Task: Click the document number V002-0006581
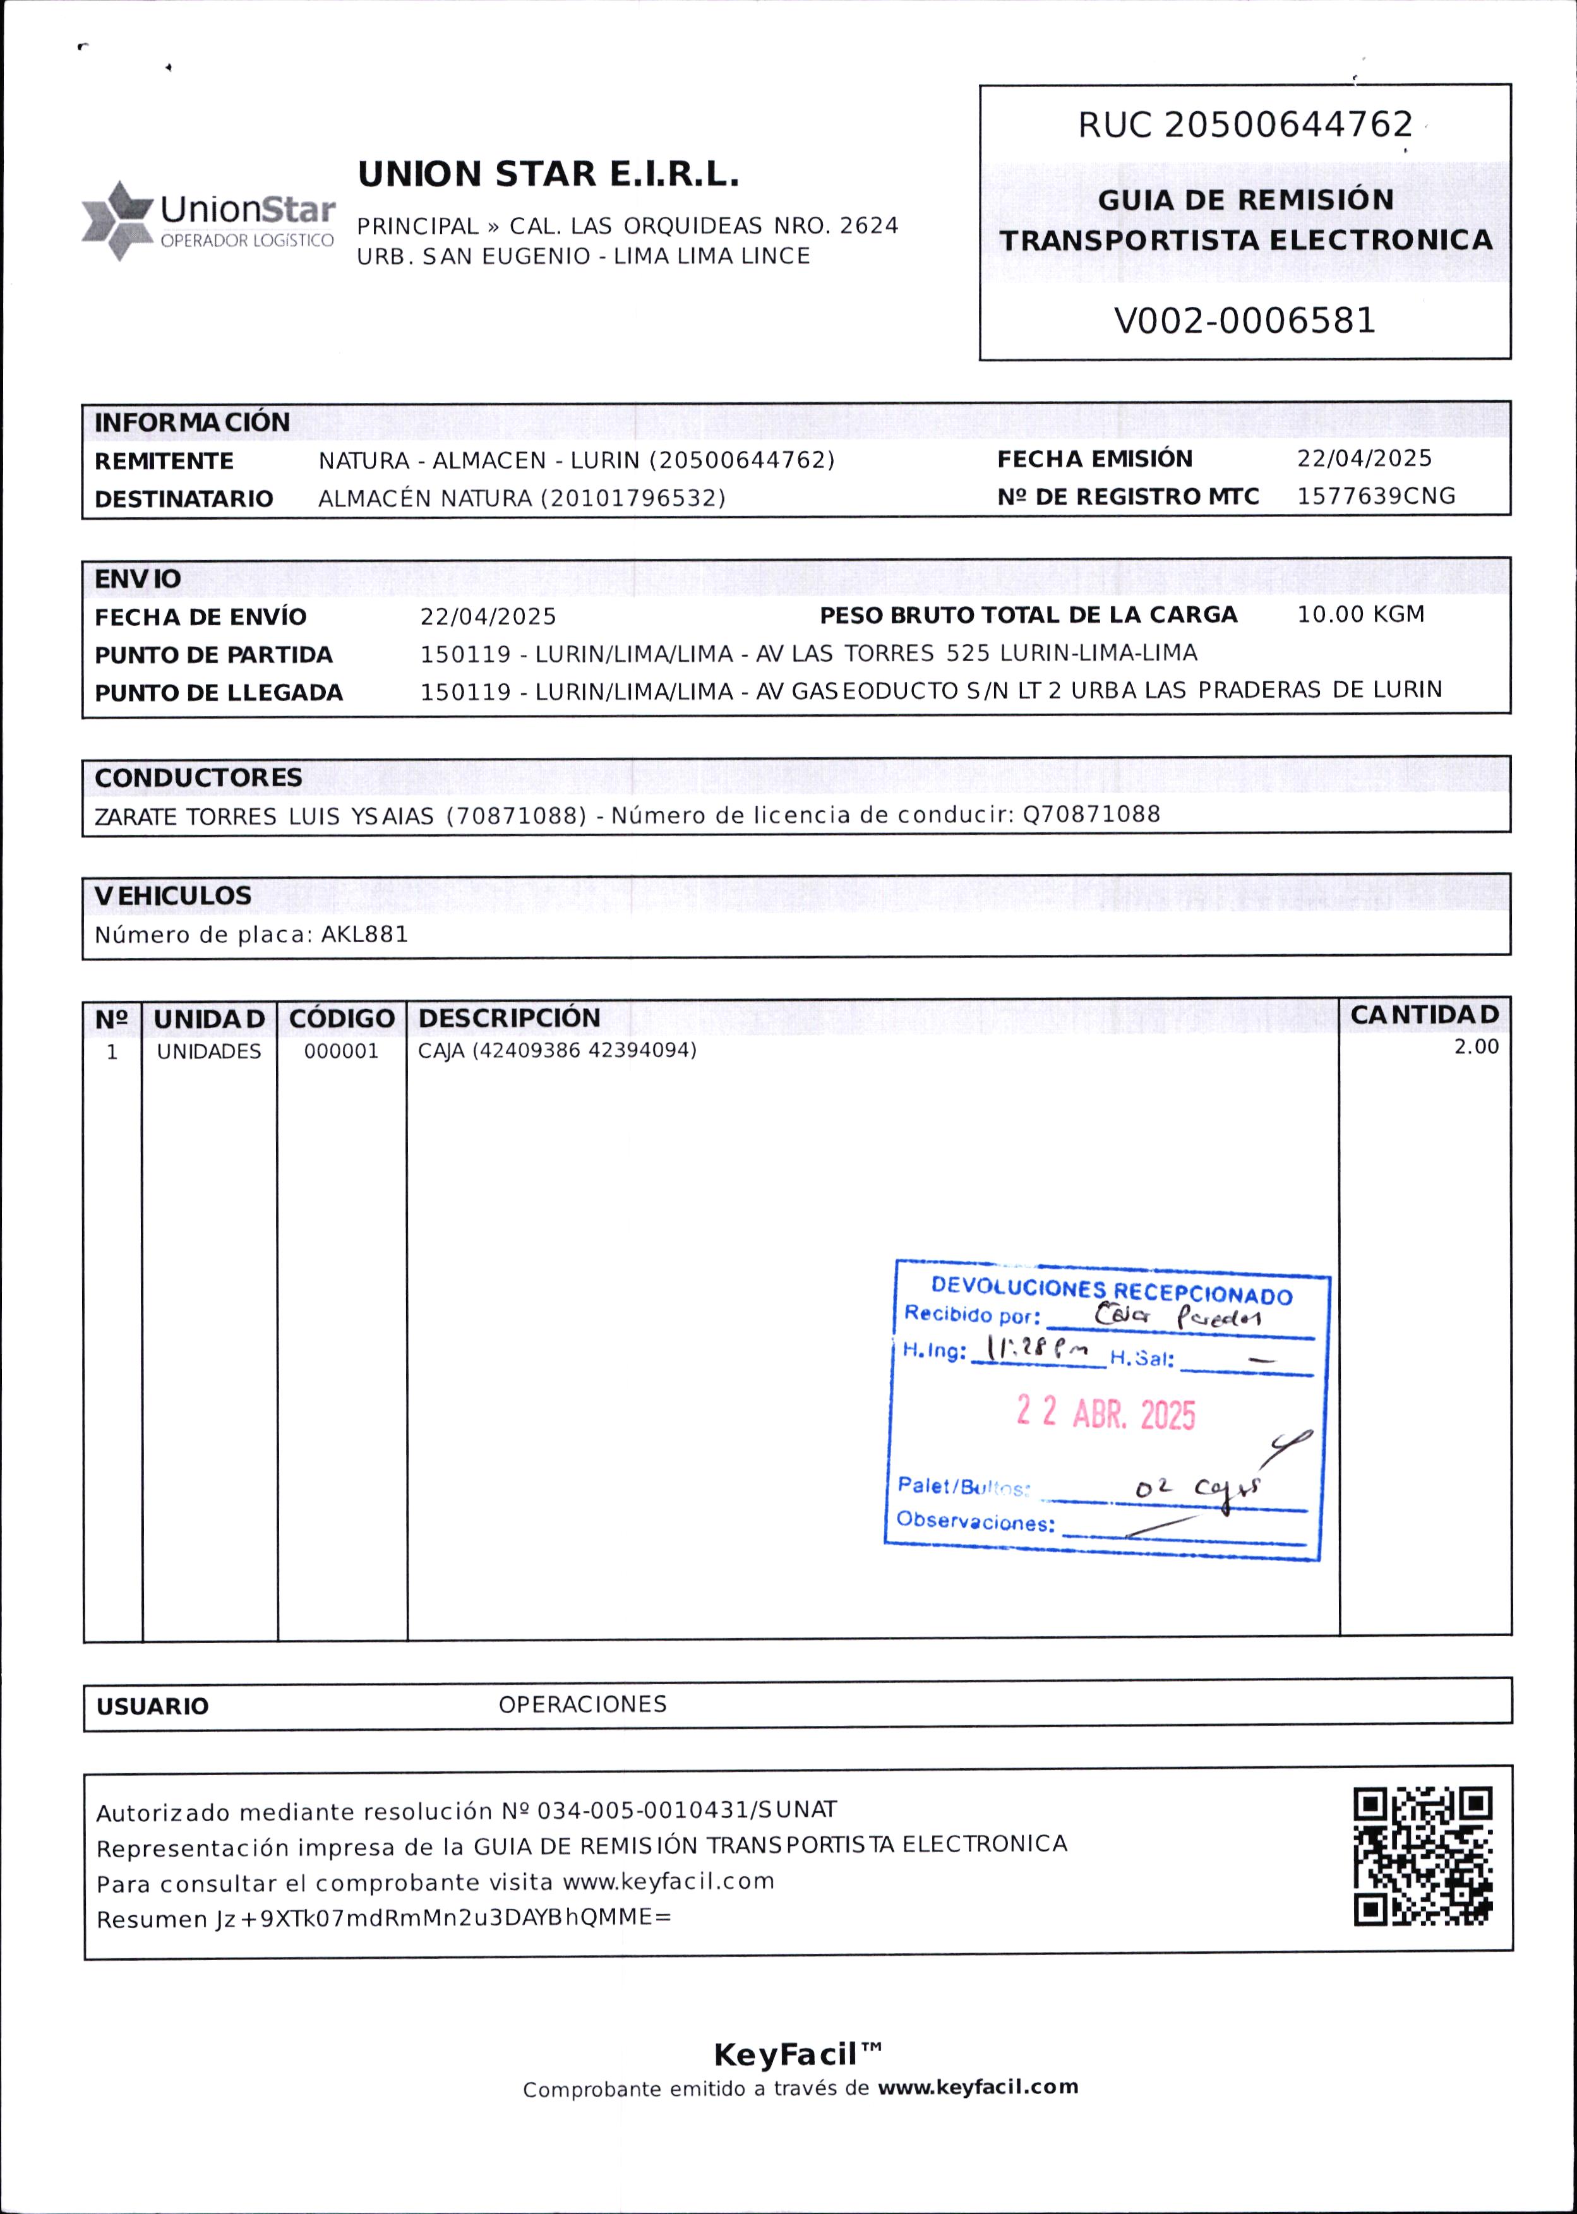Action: [1244, 320]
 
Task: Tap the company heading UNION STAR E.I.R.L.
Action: [549, 175]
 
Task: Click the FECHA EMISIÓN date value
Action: [1364, 458]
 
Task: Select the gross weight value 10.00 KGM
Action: [1360, 614]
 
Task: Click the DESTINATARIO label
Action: [184, 499]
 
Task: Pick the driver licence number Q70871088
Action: [1091, 815]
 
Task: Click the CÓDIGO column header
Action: [342, 1019]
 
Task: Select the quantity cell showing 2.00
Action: [1475, 1047]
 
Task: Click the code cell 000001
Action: [341, 1051]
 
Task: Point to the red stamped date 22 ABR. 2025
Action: [1105, 1413]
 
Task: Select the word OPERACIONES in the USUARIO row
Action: [583, 1705]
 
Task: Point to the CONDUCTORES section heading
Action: [198, 778]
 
